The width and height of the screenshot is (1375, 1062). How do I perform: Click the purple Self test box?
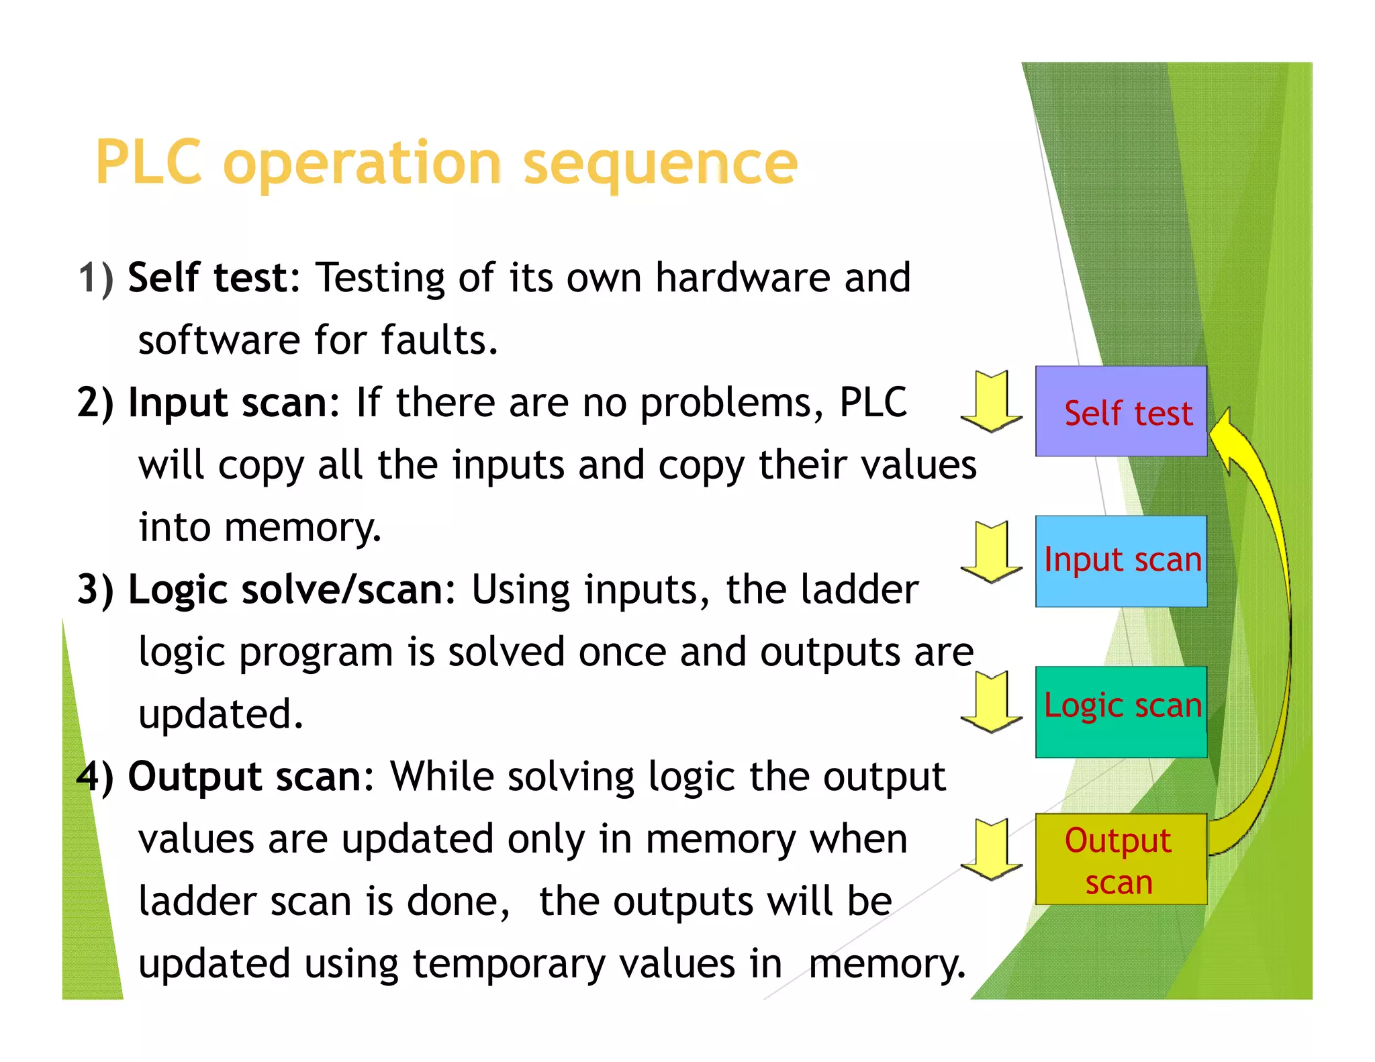tap(1121, 412)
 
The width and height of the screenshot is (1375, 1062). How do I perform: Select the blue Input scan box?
tap(1121, 561)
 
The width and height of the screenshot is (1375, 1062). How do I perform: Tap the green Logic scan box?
tap(1121, 712)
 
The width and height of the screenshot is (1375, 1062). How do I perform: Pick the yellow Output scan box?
tap(1121, 859)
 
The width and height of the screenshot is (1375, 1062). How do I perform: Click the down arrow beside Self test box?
tap(991, 401)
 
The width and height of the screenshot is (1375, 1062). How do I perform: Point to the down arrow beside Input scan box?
tap(991, 552)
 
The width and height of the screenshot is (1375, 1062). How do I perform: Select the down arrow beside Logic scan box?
tap(991, 702)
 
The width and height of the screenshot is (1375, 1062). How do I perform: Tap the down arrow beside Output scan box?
tap(991, 850)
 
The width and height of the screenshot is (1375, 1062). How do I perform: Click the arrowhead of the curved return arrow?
tap(1223, 436)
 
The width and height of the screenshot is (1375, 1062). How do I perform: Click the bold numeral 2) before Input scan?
tap(95, 403)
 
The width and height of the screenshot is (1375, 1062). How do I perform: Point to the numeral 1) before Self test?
tap(95, 278)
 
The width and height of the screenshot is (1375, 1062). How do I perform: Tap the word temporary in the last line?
tap(508, 964)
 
